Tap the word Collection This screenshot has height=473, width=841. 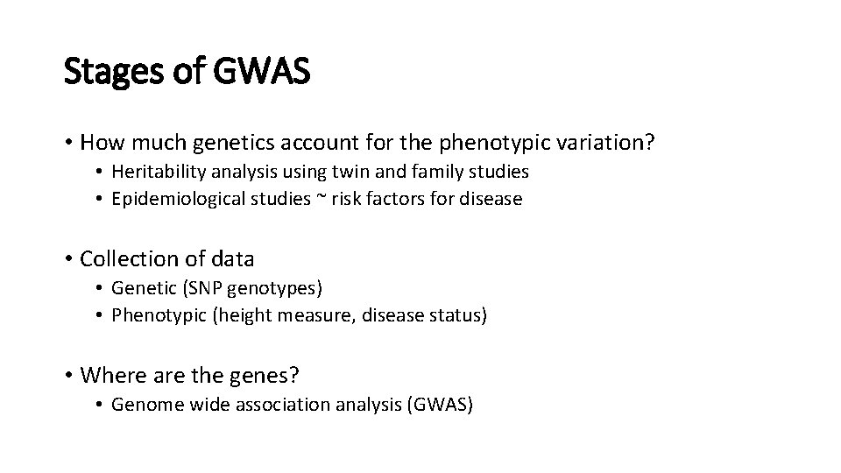pos(123,258)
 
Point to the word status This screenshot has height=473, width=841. pos(454,314)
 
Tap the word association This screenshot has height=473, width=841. pos(287,406)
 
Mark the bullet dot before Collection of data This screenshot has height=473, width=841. pos(68,259)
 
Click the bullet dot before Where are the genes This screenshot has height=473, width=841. pos(68,377)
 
